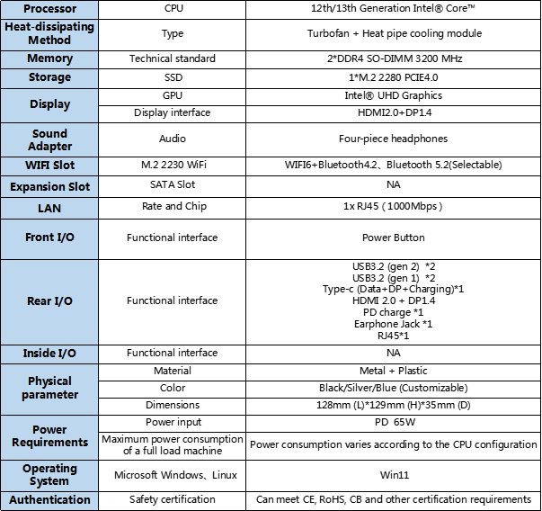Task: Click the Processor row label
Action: coord(49,8)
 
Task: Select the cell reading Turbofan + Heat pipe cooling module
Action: coord(394,33)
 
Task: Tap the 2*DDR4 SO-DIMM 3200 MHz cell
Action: coord(394,58)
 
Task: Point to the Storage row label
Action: coord(49,76)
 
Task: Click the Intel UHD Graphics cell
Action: coord(394,94)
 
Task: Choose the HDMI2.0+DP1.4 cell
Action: coord(394,112)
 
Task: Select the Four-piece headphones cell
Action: coord(394,139)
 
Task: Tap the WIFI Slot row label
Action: coord(49,166)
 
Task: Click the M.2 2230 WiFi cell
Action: coord(173,166)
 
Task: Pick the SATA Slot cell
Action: coord(173,185)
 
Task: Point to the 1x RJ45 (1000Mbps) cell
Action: coord(394,206)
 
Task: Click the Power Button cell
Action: coord(394,238)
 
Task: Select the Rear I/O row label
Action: coord(49,300)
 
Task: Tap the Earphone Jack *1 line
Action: coord(394,324)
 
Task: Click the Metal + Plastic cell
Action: coord(394,371)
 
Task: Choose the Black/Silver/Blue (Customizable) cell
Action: coord(394,388)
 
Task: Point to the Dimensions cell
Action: coord(173,405)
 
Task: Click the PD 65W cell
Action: coord(394,422)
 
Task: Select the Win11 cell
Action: coord(394,474)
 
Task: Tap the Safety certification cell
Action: coord(173,499)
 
